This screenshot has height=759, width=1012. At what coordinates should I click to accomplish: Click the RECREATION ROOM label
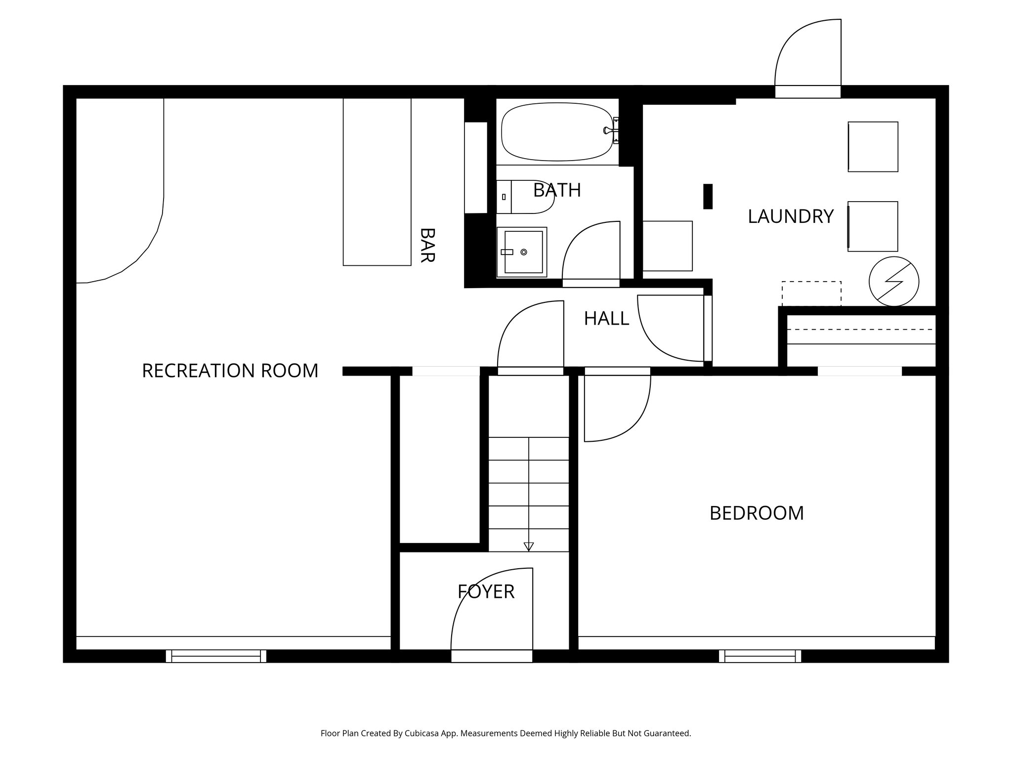coord(230,371)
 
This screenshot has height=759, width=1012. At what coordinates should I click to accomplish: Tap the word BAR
coord(427,245)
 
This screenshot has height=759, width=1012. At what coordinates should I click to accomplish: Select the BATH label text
coord(557,190)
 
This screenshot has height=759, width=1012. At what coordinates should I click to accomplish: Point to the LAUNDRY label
coord(791,216)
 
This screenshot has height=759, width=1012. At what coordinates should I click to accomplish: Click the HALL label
coord(606,319)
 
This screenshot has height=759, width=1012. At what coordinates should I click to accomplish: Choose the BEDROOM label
coord(757,513)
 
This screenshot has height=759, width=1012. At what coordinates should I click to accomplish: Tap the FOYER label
coord(486,591)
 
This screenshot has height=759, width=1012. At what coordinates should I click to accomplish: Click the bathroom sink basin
coord(523,252)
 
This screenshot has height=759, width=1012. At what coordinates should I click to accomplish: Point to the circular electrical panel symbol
coord(894,282)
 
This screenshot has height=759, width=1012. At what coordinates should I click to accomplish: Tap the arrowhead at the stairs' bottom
coord(529,547)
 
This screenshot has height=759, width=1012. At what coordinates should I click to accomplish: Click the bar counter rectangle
coord(377,182)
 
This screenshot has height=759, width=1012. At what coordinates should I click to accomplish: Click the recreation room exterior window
coord(216,656)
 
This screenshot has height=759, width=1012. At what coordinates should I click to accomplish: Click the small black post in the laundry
coord(708,196)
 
